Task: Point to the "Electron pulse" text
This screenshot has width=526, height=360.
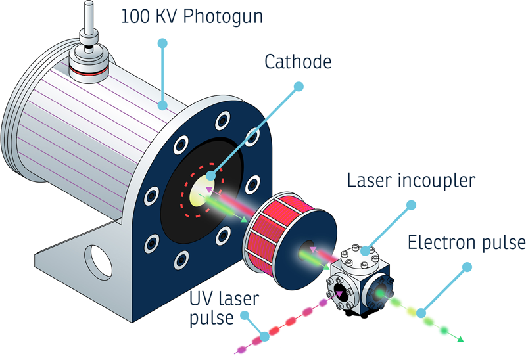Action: (467, 242)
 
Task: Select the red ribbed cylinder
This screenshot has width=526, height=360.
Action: (276, 227)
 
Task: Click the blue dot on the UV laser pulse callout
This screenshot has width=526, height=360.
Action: (264, 336)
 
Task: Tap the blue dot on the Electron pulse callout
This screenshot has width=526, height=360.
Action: (467, 267)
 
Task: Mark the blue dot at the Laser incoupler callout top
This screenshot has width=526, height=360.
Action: (412, 206)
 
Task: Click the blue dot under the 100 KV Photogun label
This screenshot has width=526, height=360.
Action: (162, 43)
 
